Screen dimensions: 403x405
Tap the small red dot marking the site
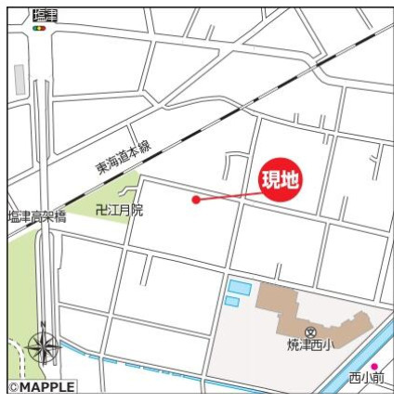click(x=195, y=199)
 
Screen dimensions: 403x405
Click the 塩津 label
click(x=44, y=13)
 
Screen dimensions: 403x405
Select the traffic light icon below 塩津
click(x=39, y=28)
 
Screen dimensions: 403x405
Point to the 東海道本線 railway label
click(x=123, y=158)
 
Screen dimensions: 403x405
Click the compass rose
click(x=43, y=347)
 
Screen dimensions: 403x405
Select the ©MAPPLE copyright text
click(x=41, y=386)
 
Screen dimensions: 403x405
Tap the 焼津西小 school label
click(x=309, y=346)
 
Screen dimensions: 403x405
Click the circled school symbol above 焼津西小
click(x=310, y=331)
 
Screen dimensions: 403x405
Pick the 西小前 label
click(x=367, y=378)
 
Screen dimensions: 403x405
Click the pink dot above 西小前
click(x=375, y=366)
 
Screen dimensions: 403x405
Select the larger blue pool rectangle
click(x=239, y=288)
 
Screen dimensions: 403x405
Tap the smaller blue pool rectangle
click(x=231, y=302)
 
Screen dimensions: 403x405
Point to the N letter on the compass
click(x=42, y=326)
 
